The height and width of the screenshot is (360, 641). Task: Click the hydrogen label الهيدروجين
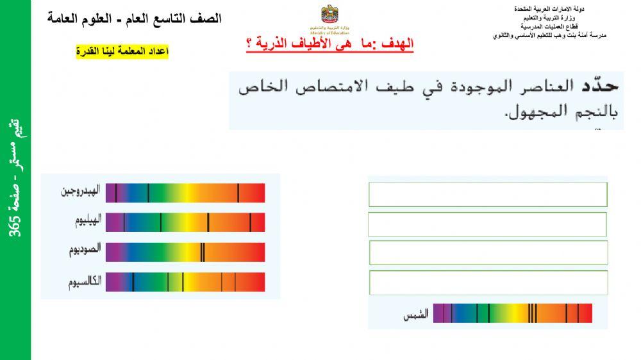[81, 192]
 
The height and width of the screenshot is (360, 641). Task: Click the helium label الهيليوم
[87, 222]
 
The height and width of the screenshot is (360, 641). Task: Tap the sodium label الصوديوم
[85, 251]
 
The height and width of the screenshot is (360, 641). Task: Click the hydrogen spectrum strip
[185, 193]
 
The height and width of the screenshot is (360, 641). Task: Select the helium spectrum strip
[185, 222]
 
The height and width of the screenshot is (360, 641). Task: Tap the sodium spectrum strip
[185, 252]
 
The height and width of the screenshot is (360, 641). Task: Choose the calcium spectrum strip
[185, 282]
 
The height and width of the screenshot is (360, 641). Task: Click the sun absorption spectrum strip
[512, 313]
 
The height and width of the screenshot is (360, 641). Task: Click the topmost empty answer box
[488, 194]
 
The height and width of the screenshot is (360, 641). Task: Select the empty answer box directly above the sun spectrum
[488, 282]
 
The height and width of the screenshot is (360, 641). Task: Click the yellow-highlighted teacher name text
[122, 51]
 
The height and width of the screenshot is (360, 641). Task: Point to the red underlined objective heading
[330, 44]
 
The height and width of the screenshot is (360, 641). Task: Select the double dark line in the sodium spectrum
[203, 252]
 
